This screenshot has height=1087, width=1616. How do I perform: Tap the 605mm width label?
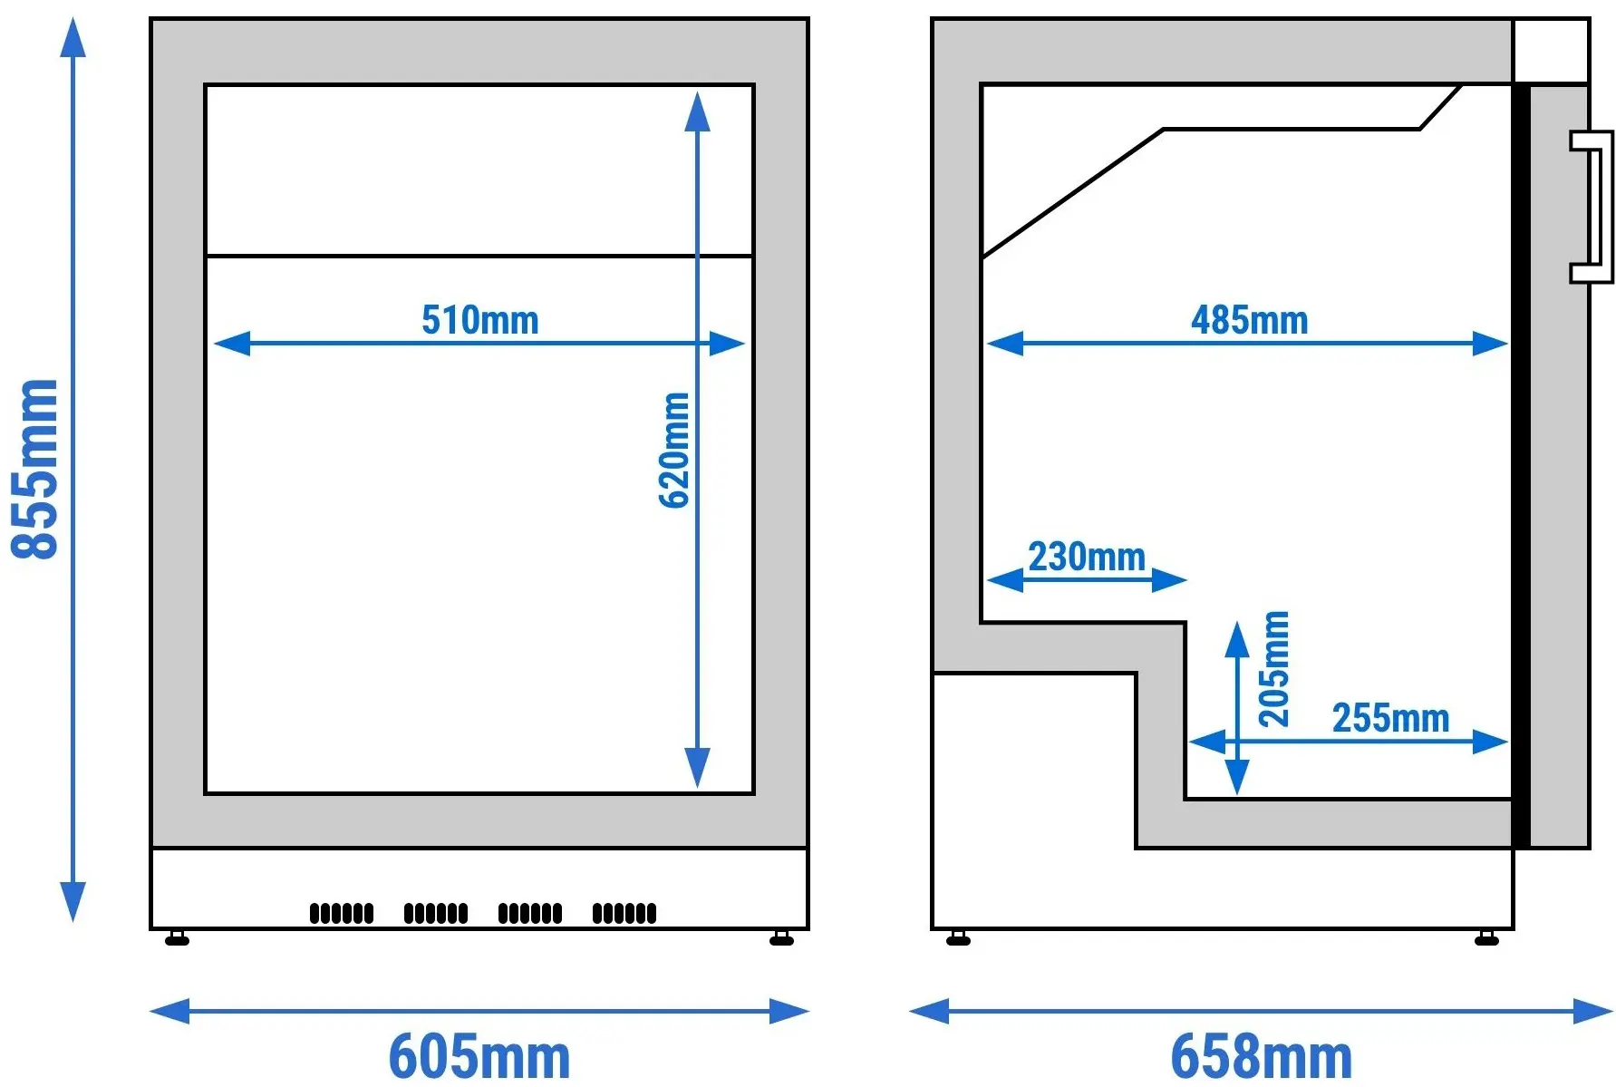click(x=479, y=1056)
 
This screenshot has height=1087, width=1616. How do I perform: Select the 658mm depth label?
click(x=1261, y=1056)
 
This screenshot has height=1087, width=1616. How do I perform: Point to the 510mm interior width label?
click(x=480, y=320)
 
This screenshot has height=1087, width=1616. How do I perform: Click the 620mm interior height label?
click(x=674, y=451)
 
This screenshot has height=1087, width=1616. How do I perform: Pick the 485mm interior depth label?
click(x=1250, y=320)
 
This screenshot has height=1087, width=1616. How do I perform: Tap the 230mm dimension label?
click(x=1087, y=557)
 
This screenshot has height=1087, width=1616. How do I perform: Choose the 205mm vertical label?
click(x=1273, y=669)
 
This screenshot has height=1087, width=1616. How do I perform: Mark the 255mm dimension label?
click(x=1390, y=718)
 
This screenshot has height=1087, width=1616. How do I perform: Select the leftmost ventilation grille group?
click(x=342, y=913)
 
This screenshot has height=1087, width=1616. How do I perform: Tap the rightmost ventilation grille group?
click(x=624, y=913)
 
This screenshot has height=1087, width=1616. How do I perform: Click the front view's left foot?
click(x=178, y=938)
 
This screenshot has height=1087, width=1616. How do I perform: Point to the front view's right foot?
click(x=781, y=938)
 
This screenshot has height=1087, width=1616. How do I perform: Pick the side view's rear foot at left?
click(x=958, y=938)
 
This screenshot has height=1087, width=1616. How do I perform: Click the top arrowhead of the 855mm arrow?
click(x=73, y=37)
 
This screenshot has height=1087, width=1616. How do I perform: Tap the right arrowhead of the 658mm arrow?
click(x=1593, y=1011)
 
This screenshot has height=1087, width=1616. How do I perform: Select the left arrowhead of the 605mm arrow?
click(x=169, y=1011)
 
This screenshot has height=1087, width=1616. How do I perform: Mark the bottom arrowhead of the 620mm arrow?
click(x=697, y=768)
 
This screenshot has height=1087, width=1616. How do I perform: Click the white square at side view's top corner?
click(x=1551, y=51)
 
